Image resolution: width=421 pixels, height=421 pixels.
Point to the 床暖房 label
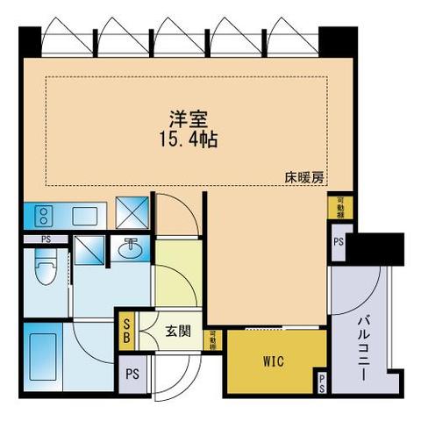point(304,176)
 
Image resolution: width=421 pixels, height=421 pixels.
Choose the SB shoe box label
point(127,331)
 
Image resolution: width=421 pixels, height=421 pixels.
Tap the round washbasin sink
point(132,248)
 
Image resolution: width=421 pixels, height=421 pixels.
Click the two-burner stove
point(42,214)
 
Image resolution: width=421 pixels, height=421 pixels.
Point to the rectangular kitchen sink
point(85,214)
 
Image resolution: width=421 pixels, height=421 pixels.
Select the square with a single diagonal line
point(89,252)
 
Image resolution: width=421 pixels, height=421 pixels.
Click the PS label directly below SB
point(133,373)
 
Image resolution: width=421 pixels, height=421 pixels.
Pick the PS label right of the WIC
point(323,382)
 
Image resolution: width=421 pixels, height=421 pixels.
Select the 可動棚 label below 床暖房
point(339,208)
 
